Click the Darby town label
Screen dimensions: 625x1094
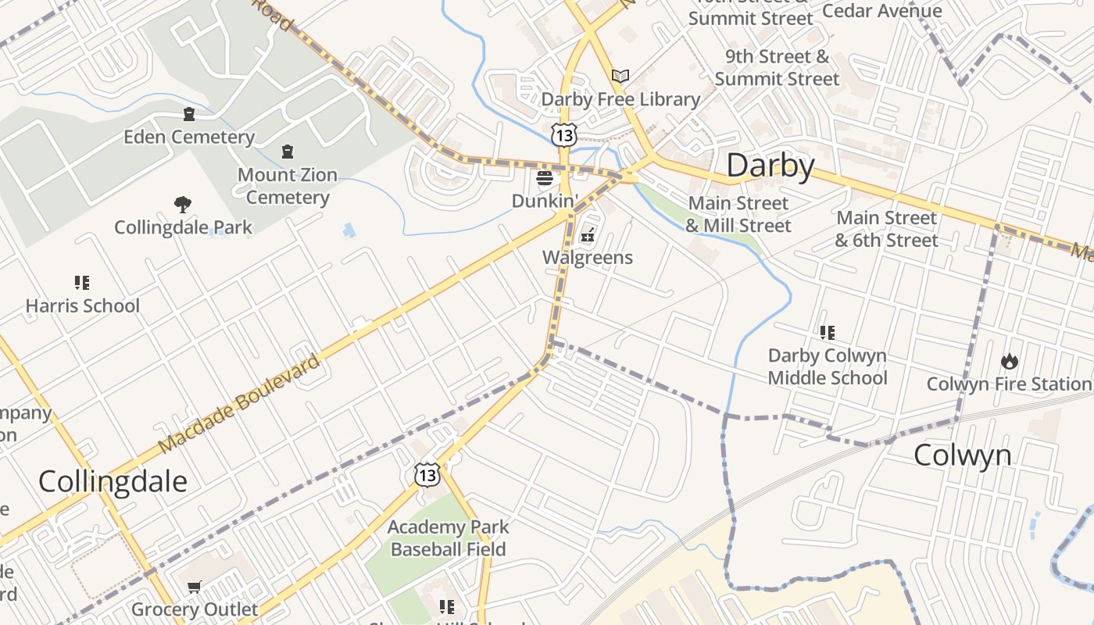(770, 166)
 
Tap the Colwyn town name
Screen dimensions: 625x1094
(962, 455)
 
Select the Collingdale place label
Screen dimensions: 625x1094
(113, 481)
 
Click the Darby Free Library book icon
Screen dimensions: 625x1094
(620, 77)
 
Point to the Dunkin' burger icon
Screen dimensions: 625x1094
(545, 178)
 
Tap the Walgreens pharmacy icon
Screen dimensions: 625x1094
(588, 234)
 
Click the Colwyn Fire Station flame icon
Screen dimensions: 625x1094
(1009, 361)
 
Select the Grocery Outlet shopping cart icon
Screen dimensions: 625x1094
(195, 587)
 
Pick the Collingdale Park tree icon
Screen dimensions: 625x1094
(183, 205)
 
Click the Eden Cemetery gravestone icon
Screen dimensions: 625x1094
(188, 115)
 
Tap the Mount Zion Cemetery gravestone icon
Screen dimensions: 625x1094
(288, 152)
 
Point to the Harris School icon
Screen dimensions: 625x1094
(82, 282)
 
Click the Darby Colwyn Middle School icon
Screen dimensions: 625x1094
(827, 333)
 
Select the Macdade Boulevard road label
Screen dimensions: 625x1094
(240, 405)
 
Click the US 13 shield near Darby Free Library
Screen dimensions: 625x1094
(563, 135)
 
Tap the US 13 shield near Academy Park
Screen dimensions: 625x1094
(427, 474)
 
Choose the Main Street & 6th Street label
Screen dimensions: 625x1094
(886, 229)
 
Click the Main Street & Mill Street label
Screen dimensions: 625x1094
(738, 215)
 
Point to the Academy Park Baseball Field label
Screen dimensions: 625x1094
(448, 538)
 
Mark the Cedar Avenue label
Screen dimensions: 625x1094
(882, 11)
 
